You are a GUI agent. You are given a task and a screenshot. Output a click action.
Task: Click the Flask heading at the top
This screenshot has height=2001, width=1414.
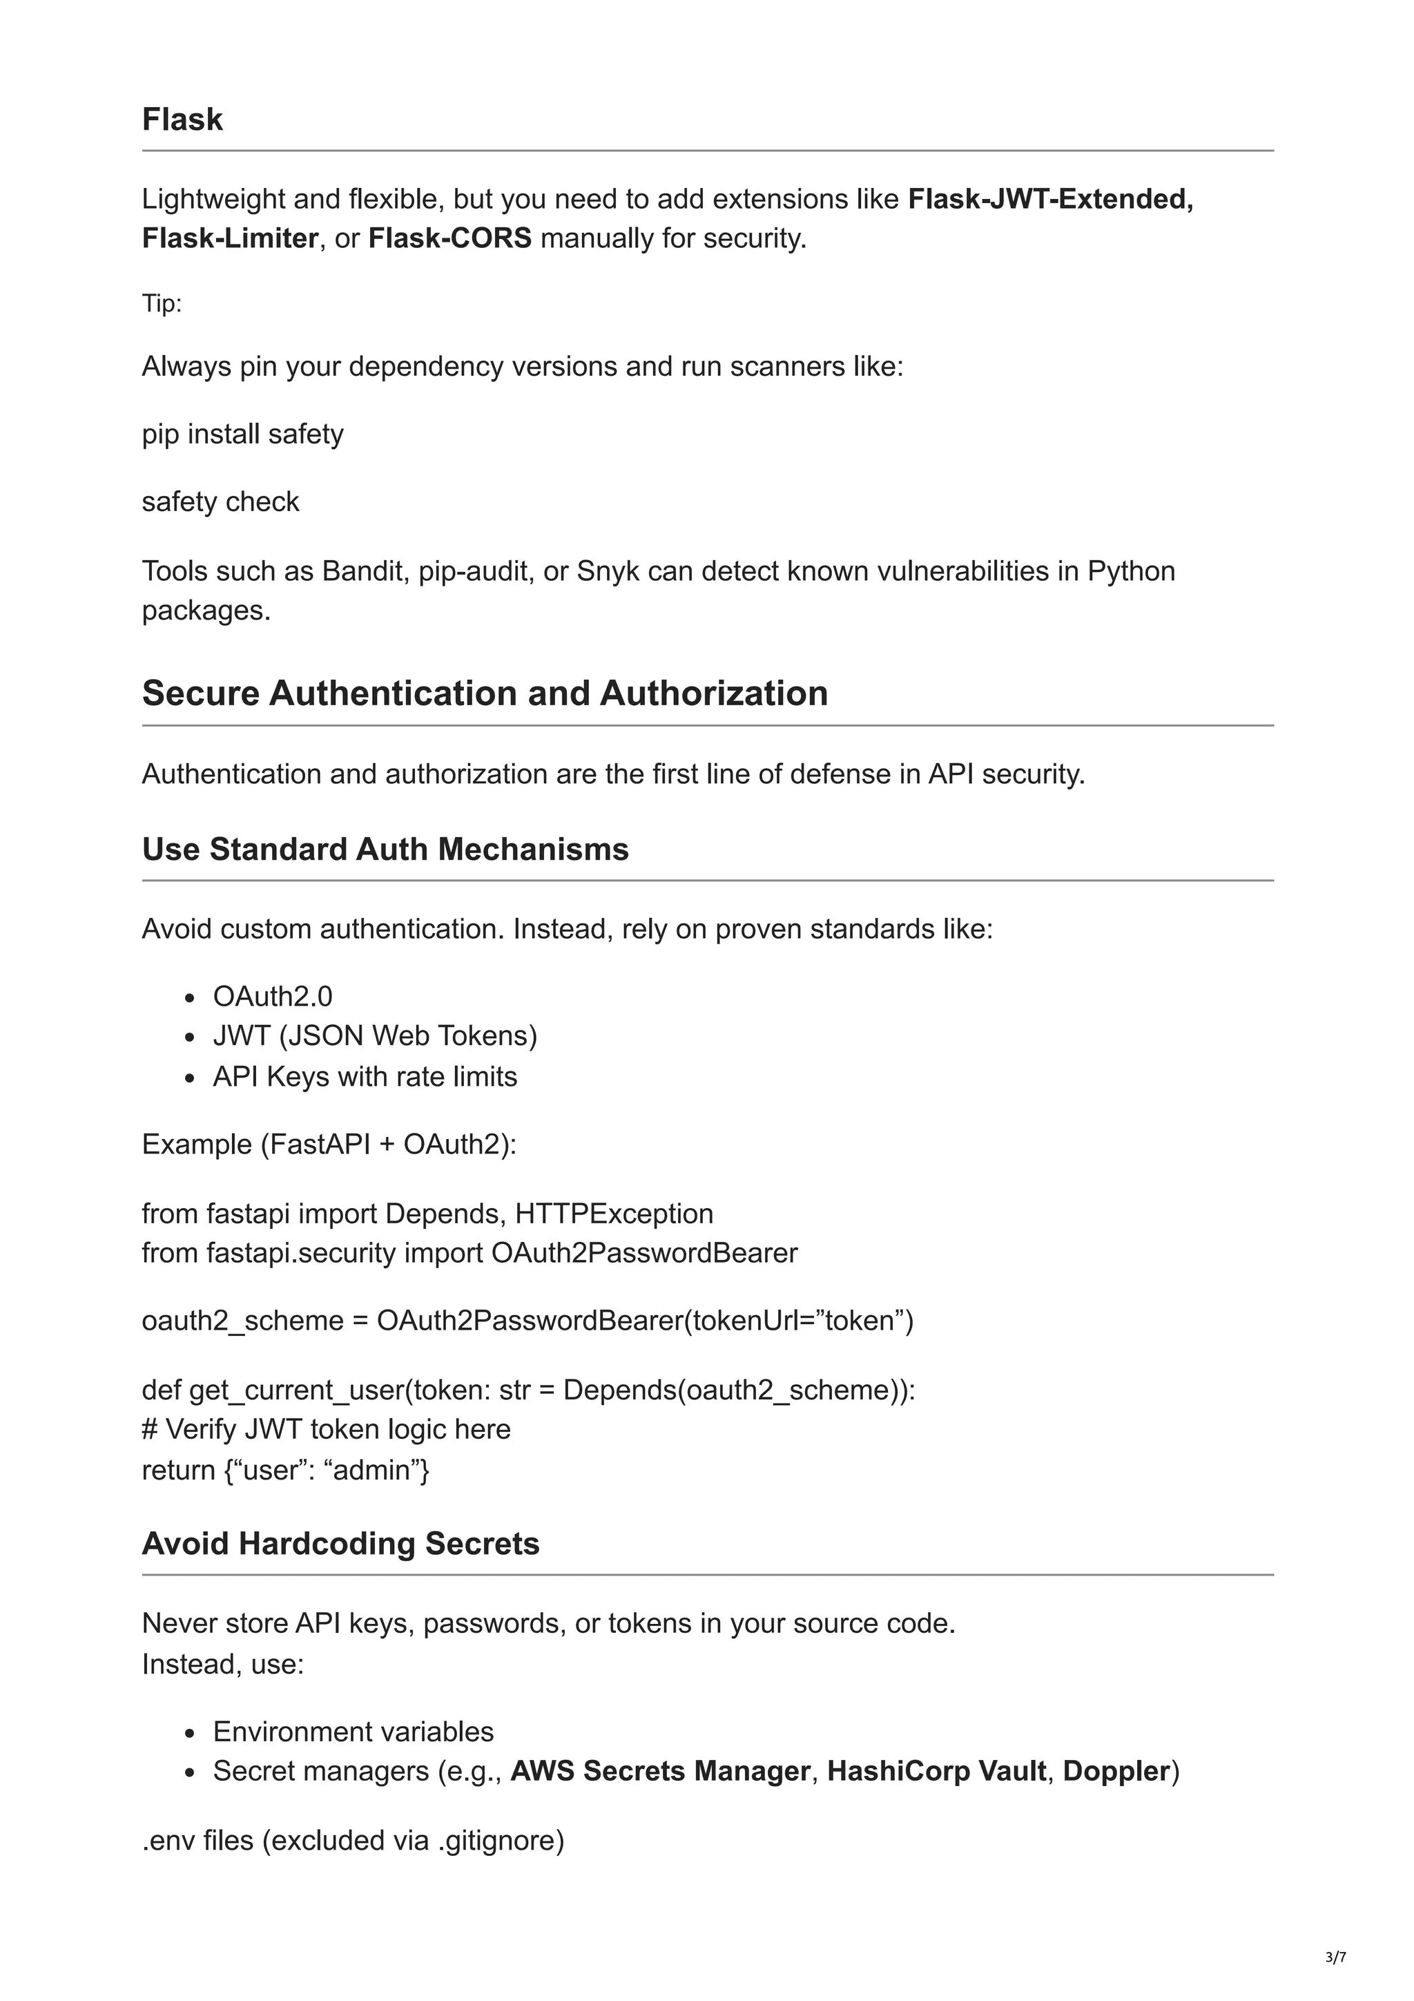[182, 119]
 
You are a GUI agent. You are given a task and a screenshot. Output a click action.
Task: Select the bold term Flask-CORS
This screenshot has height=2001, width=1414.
[449, 238]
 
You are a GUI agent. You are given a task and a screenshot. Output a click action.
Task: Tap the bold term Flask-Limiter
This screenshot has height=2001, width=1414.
[230, 238]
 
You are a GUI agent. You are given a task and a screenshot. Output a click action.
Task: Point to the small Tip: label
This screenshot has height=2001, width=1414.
[162, 303]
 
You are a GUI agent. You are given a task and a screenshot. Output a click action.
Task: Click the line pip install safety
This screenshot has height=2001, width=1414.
[242, 433]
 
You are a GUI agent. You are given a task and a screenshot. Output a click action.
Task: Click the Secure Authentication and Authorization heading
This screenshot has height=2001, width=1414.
[485, 693]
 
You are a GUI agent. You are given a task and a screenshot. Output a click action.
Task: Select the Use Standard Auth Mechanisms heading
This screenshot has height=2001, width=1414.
[385, 849]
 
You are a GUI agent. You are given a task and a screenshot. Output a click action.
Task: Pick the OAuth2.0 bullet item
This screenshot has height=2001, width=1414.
[273, 995]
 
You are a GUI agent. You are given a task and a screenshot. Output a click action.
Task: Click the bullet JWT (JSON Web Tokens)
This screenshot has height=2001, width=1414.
[375, 1035]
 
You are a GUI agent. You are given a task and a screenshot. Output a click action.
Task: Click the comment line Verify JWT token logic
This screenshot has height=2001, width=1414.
[327, 1429]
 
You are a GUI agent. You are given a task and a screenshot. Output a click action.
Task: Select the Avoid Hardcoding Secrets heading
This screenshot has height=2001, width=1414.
[340, 1544]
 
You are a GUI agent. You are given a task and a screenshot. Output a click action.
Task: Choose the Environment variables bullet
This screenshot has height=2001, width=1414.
[353, 1732]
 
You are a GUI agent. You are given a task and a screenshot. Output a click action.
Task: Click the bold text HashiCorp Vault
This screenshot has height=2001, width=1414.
[937, 1772]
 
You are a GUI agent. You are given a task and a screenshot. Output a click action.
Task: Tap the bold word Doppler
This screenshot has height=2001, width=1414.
[1116, 1772]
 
